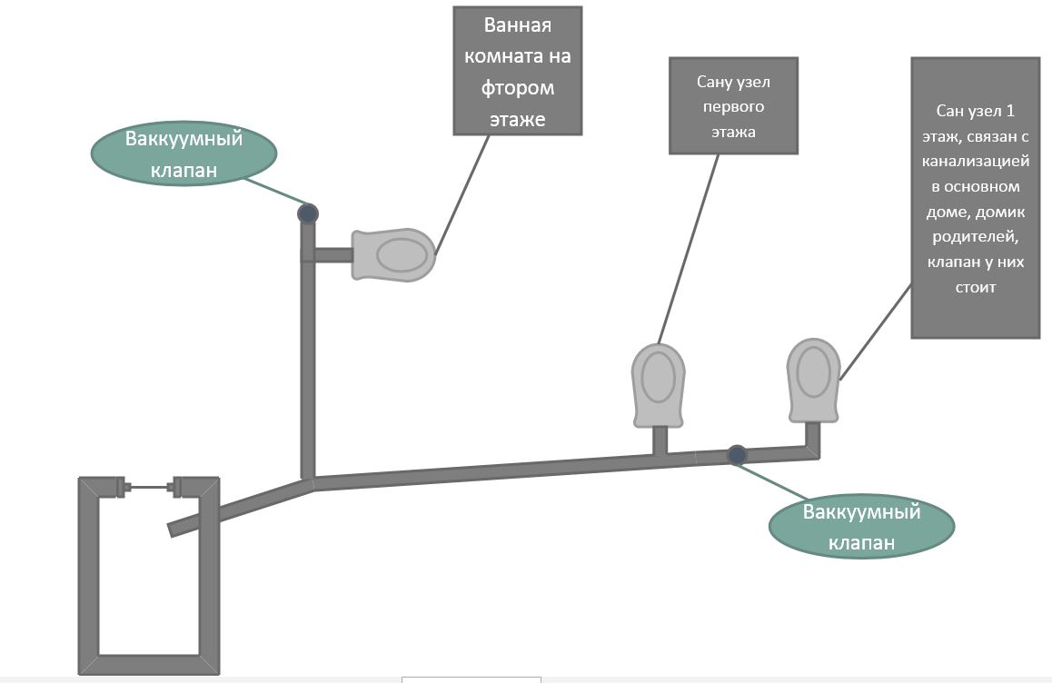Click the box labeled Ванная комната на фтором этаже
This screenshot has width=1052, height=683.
(517, 71)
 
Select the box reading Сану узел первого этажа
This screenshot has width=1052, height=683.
(733, 105)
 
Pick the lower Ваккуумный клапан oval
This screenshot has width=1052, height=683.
(861, 527)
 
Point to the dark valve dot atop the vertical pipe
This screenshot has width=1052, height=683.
(308, 213)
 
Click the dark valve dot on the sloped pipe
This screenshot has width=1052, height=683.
(738, 453)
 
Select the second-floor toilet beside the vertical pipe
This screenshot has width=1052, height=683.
(393, 255)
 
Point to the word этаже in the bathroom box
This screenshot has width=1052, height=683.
(517, 118)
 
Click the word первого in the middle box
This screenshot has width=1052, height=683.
(733, 107)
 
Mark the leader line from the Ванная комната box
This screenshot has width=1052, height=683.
(462, 193)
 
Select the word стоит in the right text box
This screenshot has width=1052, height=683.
(975, 287)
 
